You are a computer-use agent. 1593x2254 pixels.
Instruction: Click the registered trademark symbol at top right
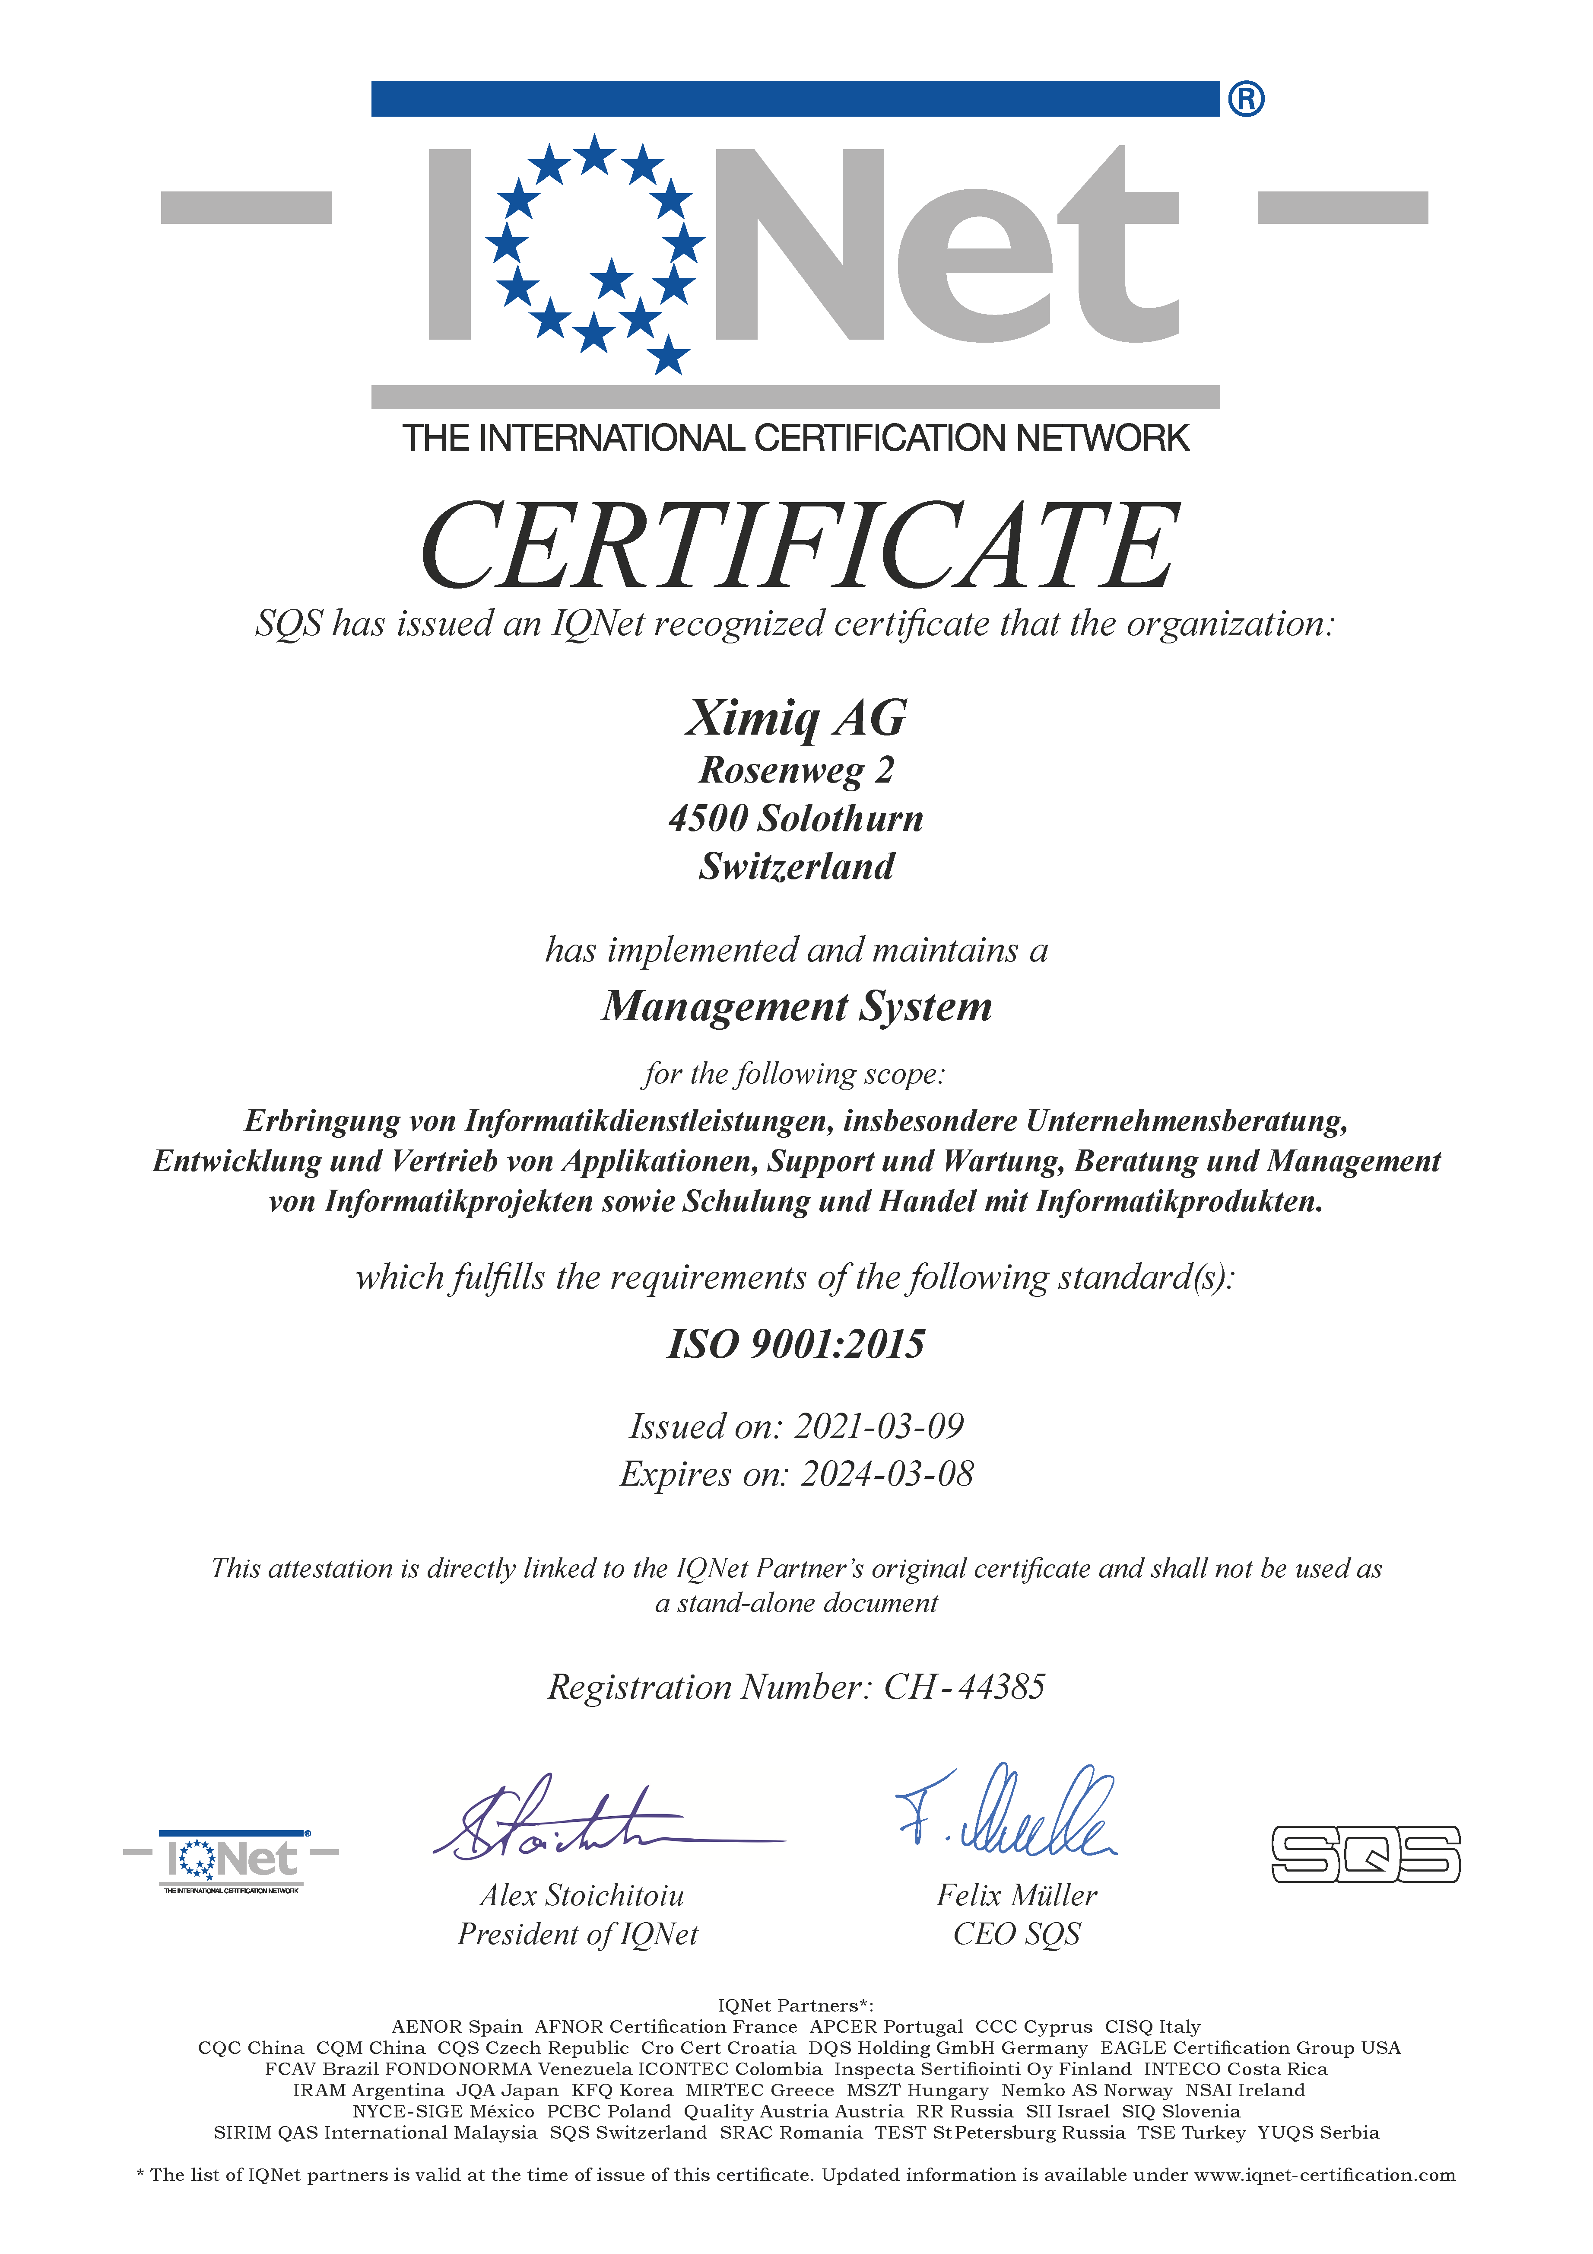pos(1246,99)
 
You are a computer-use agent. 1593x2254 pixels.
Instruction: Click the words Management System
pos(796,1006)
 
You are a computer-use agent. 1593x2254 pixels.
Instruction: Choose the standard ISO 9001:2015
pos(796,1344)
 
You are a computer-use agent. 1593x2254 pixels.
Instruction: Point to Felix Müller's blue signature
pos(1011,1814)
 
